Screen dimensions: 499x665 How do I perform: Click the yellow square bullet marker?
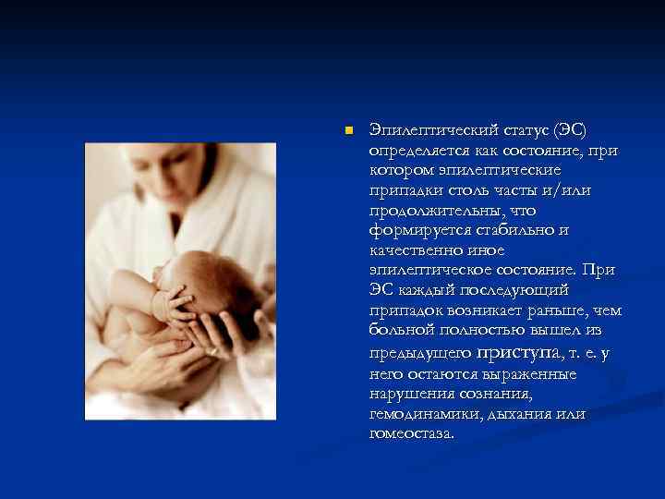(347, 131)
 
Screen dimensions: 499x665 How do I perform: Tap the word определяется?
(419, 151)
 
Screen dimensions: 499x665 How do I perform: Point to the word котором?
(398, 170)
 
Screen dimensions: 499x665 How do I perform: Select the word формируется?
(414, 229)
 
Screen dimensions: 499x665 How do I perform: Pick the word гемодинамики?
(424, 414)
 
